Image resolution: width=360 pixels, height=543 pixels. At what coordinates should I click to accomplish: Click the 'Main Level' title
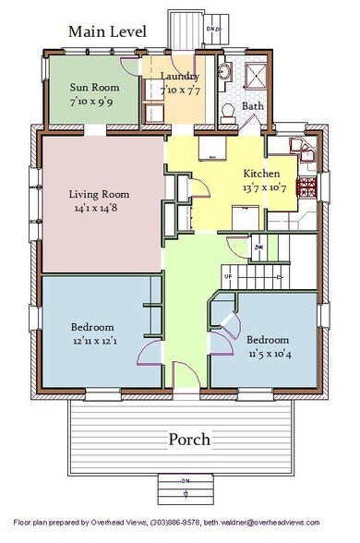[x=107, y=31]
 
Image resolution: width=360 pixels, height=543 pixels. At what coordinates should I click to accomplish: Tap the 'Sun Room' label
[x=91, y=88]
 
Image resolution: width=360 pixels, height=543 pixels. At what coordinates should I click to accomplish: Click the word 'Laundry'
[x=179, y=76]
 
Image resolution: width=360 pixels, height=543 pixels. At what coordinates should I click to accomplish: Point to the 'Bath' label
[x=252, y=107]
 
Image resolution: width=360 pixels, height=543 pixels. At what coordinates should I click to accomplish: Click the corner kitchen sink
[x=299, y=148]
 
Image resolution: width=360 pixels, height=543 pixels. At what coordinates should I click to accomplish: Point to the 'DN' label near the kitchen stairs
[x=261, y=247]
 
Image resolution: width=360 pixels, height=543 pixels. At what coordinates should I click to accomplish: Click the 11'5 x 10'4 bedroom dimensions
[x=270, y=353]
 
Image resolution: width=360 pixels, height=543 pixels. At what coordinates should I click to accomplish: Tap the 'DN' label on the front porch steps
[x=186, y=479]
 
